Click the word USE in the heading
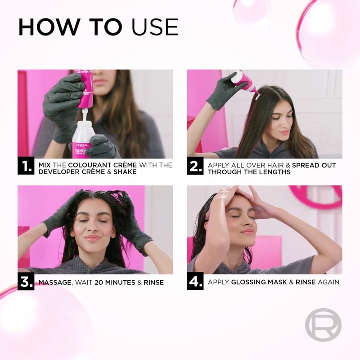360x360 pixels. click(x=155, y=27)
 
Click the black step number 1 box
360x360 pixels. click(x=26, y=166)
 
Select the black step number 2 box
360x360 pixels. click(x=195, y=166)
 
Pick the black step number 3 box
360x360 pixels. click(x=26, y=282)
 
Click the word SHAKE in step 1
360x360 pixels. click(x=125, y=172)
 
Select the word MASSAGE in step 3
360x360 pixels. click(x=55, y=283)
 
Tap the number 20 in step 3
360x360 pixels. click(x=99, y=283)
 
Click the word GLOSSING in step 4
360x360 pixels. click(x=247, y=282)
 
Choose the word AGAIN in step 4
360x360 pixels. click(x=328, y=282)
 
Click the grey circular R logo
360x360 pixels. click(x=323, y=324)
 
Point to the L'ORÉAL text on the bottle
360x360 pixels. click(x=82, y=145)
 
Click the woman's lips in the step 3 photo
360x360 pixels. click(x=92, y=238)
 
